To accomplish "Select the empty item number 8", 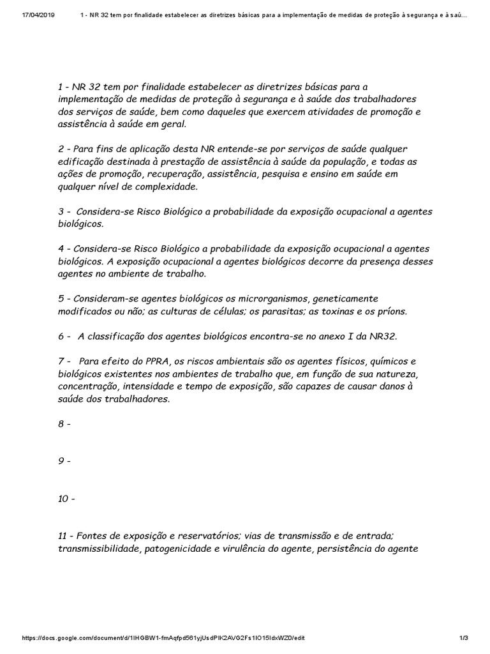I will click(64, 424).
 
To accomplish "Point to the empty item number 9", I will click(64, 460).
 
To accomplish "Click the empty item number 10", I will click(66, 498).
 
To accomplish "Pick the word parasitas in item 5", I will click(279, 311).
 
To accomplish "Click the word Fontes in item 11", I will click(95, 536).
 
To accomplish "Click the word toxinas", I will click(340, 311).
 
